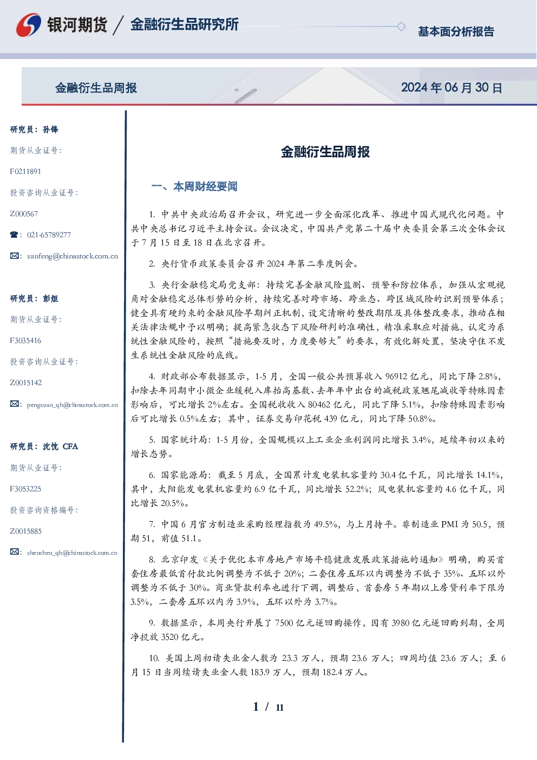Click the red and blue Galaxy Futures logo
coord(29,24)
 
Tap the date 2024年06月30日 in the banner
coord(451,88)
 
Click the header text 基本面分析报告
coord(456,31)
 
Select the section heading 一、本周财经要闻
coord(194,186)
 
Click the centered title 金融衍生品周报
coord(325,152)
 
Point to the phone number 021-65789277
coord(49,235)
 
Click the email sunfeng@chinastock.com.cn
coord(73,256)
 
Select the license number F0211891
coord(25,171)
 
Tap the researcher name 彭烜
coord(50,298)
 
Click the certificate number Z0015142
coord(26,383)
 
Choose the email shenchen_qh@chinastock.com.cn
coord(72,553)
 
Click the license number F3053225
coord(25,489)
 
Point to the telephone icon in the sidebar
coord(14,235)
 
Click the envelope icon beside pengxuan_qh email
coord(14,404)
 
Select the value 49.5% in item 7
coord(325,524)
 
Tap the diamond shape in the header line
coord(401,27)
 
